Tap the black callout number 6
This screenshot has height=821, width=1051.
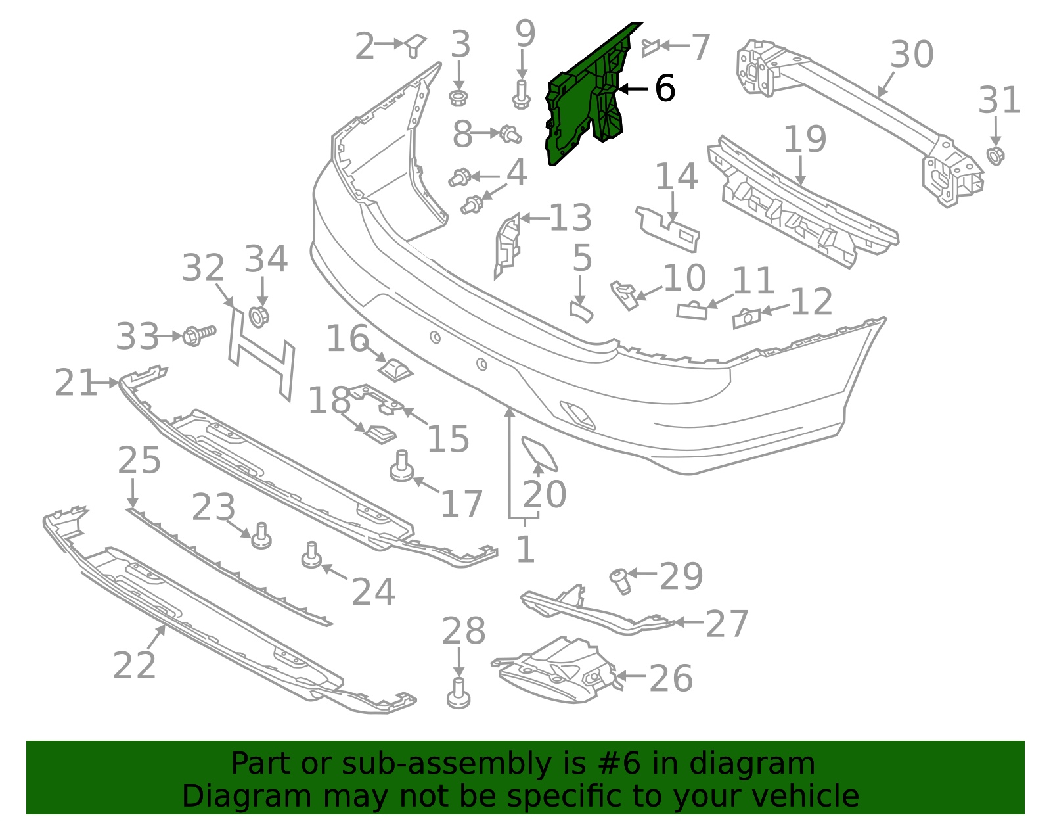(x=665, y=88)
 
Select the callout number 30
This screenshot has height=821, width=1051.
(x=912, y=55)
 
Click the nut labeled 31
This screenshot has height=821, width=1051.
(x=996, y=156)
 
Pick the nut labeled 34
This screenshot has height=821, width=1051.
(x=259, y=316)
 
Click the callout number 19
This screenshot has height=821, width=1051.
(x=805, y=139)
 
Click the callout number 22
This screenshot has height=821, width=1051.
(x=135, y=665)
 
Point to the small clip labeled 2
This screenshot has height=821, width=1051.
(x=415, y=45)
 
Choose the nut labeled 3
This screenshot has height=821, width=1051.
(x=458, y=98)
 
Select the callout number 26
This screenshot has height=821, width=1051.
(x=671, y=678)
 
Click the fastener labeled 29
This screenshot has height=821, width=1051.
(x=619, y=580)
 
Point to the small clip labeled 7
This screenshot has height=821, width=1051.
(x=650, y=47)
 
